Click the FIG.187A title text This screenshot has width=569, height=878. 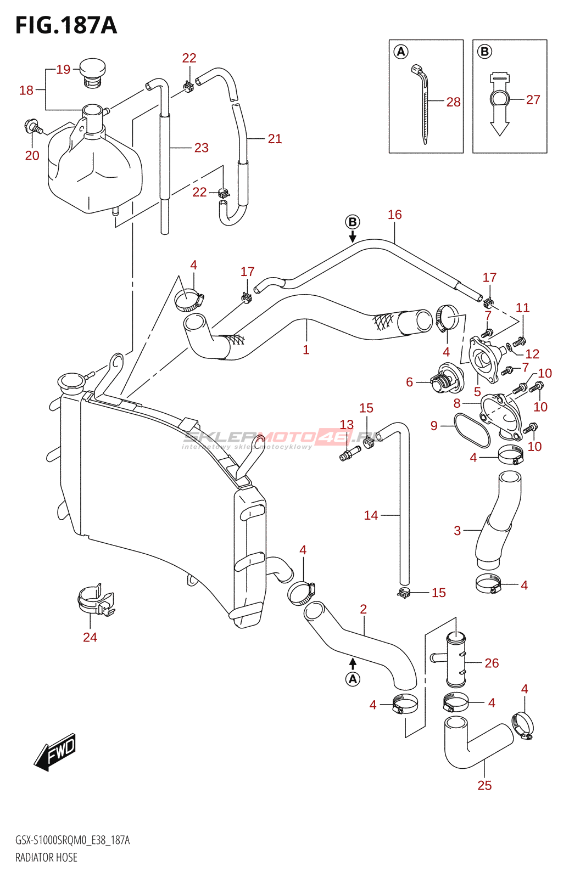click(66, 25)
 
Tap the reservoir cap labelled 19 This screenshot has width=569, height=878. click(92, 71)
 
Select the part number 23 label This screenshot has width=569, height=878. click(201, 148)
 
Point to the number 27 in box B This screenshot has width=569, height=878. click(533, 100)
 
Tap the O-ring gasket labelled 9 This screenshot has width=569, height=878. click(472, 430)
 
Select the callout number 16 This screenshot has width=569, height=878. click(394, 215)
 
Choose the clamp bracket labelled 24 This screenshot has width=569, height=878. click(95, 600)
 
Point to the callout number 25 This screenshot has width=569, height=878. click(484, 785)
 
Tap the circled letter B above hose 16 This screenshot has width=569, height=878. click(353, 222)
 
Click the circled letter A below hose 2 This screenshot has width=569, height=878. click(353, 679)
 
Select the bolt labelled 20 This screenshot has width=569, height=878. click(34, 128)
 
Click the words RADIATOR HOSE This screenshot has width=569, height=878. click(46, 857)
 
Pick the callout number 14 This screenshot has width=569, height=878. click(371, 515)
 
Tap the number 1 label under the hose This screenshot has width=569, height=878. click(306, 350)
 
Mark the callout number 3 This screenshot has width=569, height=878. click(457, 531)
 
